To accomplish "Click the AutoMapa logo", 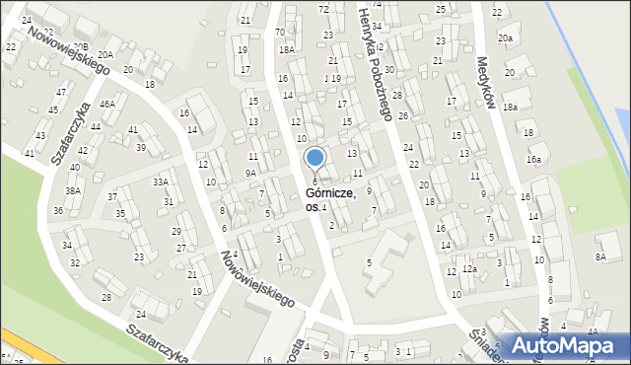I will (x=565, y=344).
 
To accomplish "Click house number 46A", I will (x=107, y=104).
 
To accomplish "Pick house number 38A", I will (x=73, y=190).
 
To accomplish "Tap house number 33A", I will (x=159, y=182).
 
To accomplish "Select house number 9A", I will (x=251, y=173).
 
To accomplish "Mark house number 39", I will (x=141, y=148).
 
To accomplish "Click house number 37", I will (x=112, y=197).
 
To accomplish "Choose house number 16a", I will (x=533, y=160).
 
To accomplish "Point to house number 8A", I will (x=599, y=256).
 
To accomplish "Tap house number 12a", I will (x=470, y=269).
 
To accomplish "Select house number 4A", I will (x=593, y=331).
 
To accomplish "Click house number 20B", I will (x=79, y=46).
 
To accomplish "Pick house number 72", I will (x=323, y=9).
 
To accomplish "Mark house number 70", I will (x=280, y=32).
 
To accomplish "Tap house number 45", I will (x=54, y=110).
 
